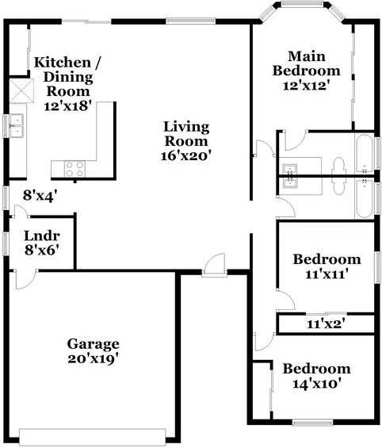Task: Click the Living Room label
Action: point(186,134)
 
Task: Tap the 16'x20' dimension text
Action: point(186,156)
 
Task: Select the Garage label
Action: point(93,344)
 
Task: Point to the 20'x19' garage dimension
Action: point(93,359)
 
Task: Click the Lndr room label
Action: point(42,236)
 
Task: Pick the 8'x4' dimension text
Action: point(38,196)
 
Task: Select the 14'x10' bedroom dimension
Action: point(317,384)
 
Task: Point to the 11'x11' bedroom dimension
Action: point(327,274)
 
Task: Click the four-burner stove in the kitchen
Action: point(74,169)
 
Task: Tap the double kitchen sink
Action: point(17,125)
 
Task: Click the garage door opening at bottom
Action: point(92,436)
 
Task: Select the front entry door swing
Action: point(215,265)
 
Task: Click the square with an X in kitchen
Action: point(21,91)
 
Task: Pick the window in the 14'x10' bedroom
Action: point(313,423)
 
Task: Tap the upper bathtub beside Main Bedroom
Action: point(365,154)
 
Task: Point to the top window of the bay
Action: point(302,4)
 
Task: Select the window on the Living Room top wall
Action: point(191,21)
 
